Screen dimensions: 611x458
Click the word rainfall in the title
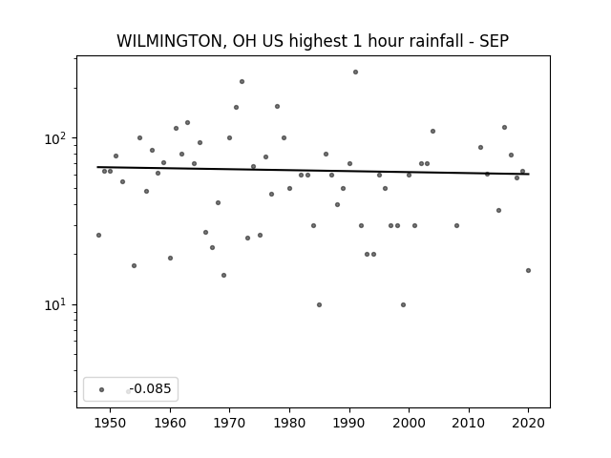pos(435,41)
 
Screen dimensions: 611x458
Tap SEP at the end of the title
pos(495,41)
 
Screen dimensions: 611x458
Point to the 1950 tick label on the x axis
pos(111,423)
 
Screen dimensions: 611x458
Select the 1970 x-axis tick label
pos(229,423)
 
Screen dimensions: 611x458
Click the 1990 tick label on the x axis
pos(349,423)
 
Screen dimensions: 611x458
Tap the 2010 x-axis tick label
pos(469,423)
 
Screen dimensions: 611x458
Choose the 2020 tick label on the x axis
pos(528,423)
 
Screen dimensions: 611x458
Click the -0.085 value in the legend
pos(150,388)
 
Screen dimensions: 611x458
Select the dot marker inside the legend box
pos(102,389)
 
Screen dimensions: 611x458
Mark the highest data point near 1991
pos(355,73)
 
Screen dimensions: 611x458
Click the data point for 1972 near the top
pos(242,82)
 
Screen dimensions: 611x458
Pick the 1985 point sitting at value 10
pos(320,305)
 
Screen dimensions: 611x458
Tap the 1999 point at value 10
pos(403,305)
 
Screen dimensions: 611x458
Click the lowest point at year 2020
pos(528,271)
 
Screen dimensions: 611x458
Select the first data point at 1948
pos(98,236)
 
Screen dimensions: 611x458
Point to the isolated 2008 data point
pos(456,225)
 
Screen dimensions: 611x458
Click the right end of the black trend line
pos(529,174)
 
